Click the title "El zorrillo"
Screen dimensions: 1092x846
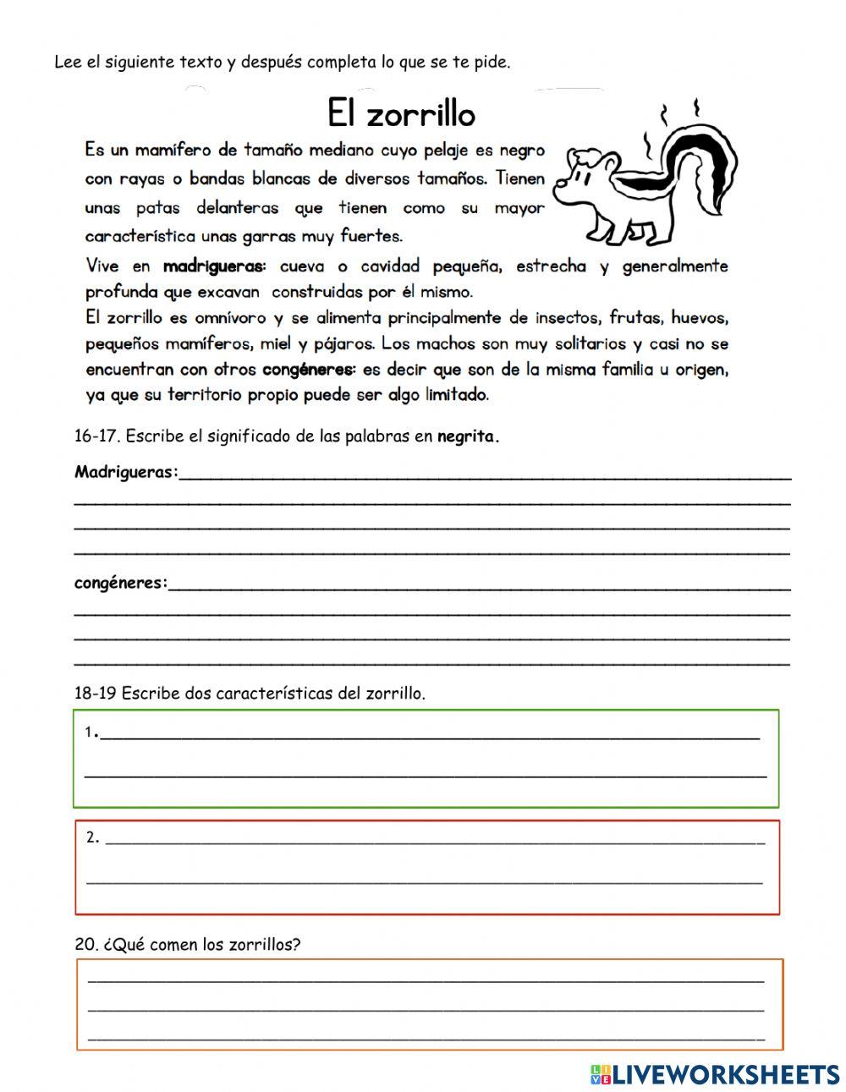click(401, 113)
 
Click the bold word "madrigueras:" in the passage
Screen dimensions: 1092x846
click(214, 266)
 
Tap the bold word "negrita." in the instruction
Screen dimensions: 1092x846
click(469, 437)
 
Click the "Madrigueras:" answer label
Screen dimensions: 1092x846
click(127, 472)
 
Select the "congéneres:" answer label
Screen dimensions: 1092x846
click(121, 583)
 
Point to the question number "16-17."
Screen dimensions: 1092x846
click(97, 437)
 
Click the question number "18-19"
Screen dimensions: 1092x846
click(96, 694)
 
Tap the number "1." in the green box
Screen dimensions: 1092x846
click(91, 733)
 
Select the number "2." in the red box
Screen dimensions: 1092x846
click(93, 838)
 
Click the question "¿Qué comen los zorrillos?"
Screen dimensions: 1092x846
click(201, 945)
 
